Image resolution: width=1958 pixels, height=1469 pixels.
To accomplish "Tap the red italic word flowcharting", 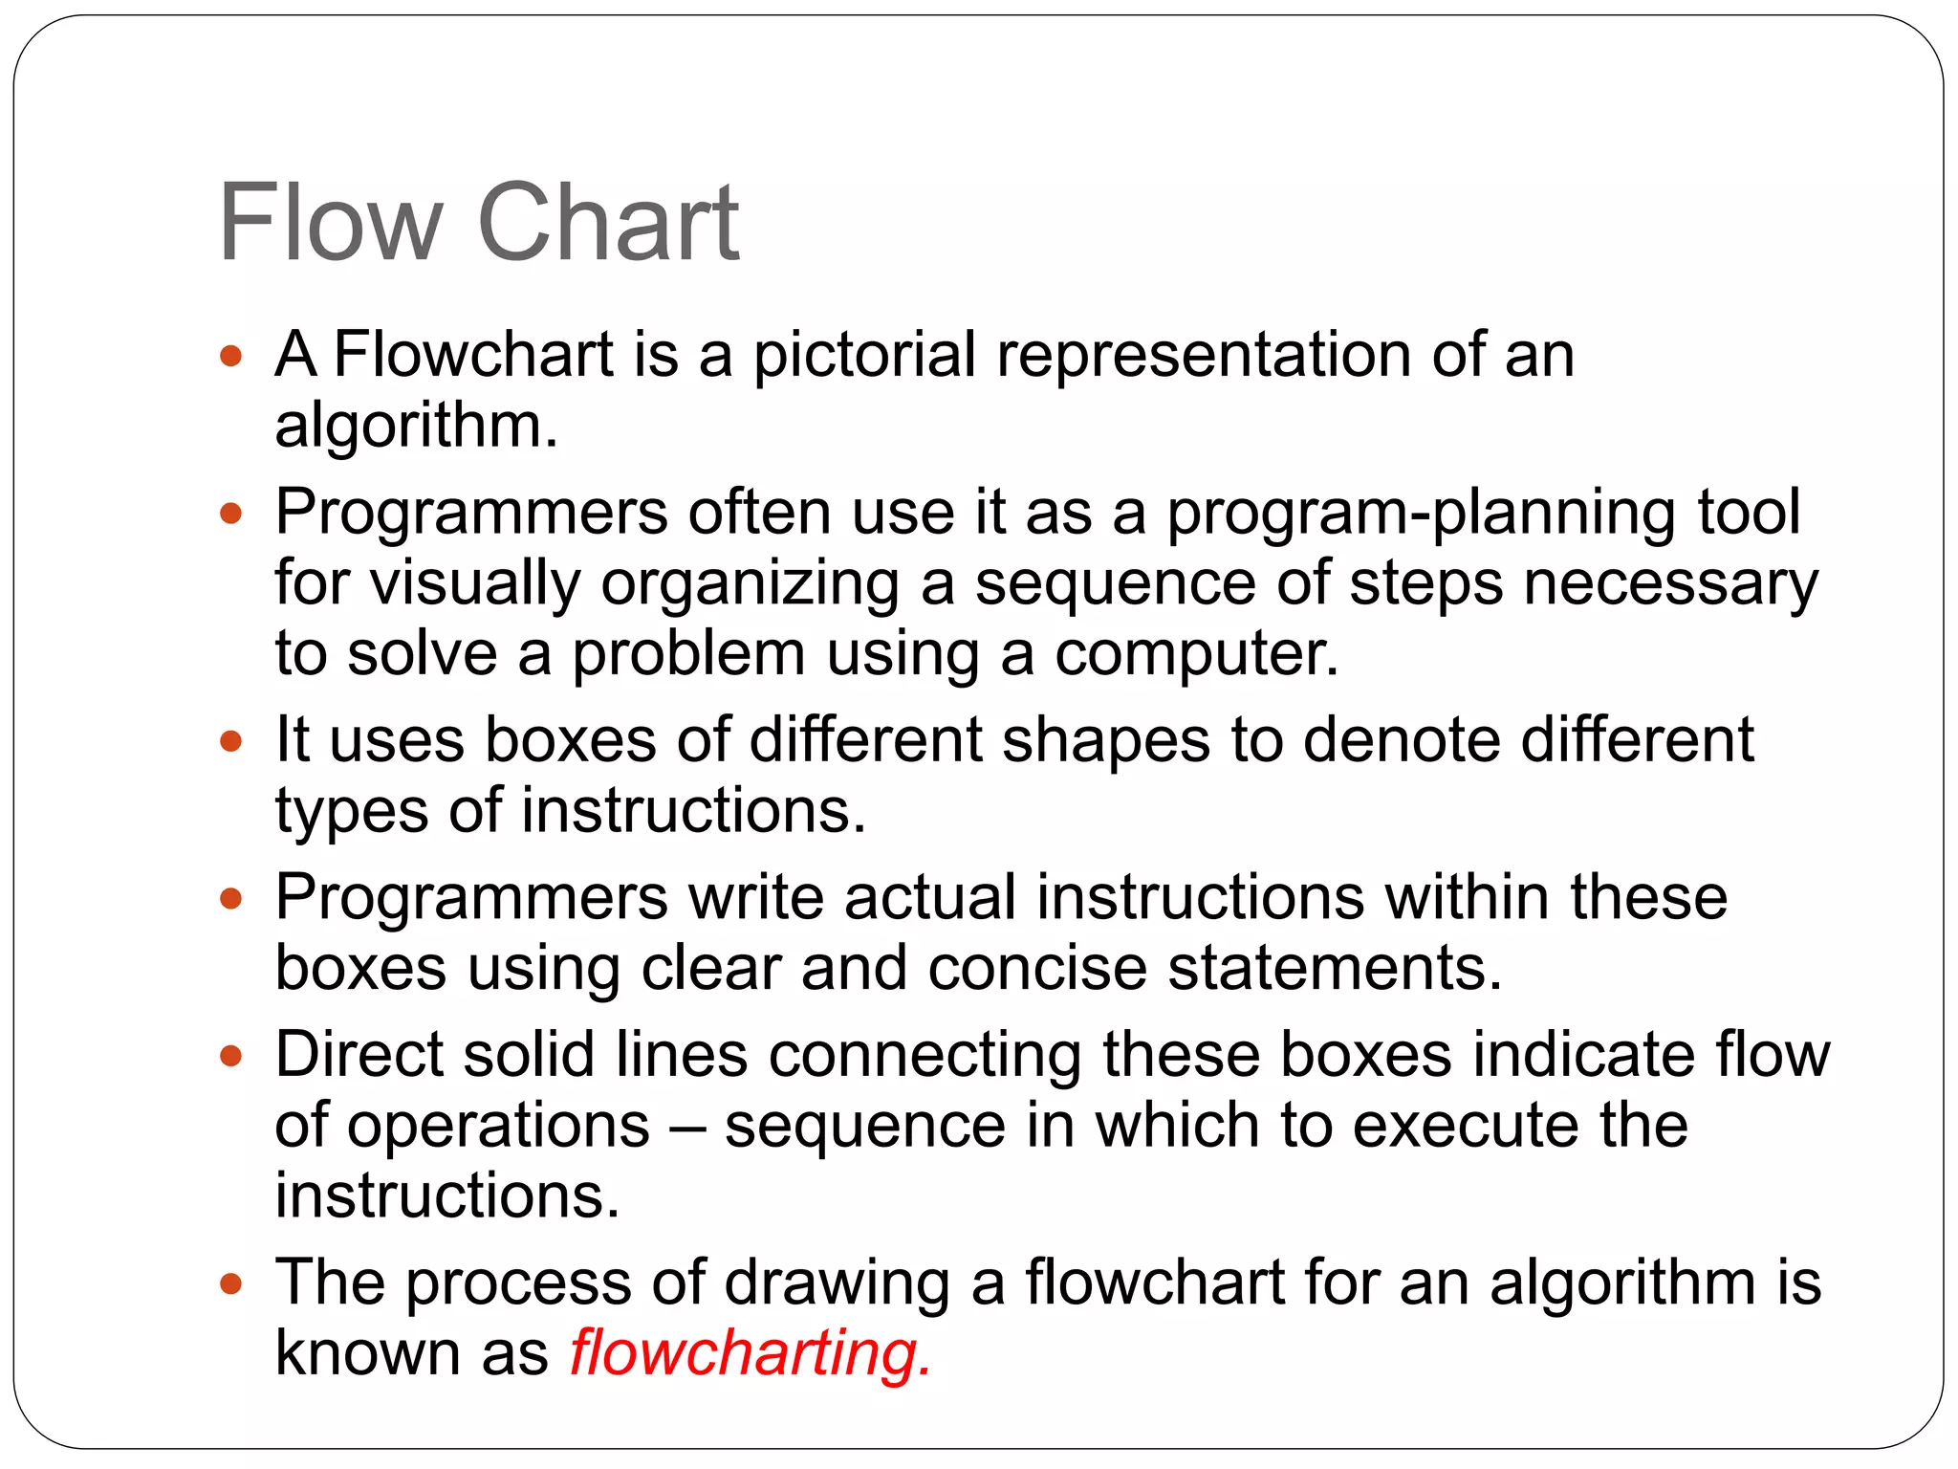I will tap(750, 1352).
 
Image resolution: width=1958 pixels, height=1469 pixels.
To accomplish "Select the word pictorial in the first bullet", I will tap(864, 356).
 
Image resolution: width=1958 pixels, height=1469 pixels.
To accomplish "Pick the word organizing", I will tap(750, 583).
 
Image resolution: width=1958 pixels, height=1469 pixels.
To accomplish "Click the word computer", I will tap(1196, 654).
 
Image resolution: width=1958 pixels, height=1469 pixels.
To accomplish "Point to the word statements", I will tap(1335, 968).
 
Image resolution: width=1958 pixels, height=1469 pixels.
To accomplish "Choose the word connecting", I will tap(925, 1055).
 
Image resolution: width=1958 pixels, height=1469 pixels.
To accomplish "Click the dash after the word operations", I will tap(686, 1127).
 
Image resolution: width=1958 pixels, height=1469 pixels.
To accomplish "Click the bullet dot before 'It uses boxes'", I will tap(230, 740).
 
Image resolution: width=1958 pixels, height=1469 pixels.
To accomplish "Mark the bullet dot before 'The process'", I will tap(230, 1283).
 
